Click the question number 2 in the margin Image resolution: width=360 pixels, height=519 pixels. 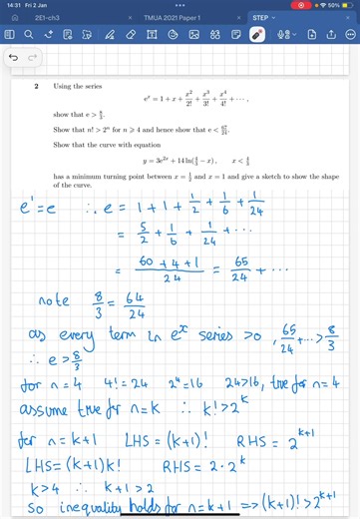pyautogui.click(x=36, y=87)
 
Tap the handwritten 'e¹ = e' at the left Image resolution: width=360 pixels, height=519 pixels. pyautogui.click(x=34, y=211)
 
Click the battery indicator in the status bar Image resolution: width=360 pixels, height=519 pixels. pyautogui.click(x=342, y=5)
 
